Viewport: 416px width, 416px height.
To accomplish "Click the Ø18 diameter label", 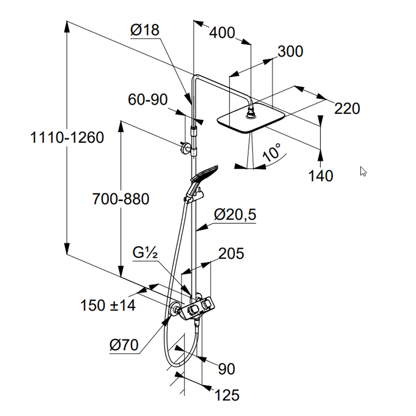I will click(x=144, y=30).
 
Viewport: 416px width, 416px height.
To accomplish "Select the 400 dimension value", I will click(x=222, y=32).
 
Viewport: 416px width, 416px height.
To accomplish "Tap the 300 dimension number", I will click(x=290, y=52).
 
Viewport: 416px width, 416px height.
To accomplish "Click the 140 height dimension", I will click(x=321, y=176).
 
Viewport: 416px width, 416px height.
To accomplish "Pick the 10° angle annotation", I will click(x=272, y=153).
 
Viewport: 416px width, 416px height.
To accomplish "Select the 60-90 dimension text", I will click(x=147, y=99).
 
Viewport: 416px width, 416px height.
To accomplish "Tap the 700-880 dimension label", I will click(x=120, y=199).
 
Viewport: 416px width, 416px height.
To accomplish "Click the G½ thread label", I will click(x=145, y=253).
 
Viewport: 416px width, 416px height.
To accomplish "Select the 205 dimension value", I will click(x=230, y=253).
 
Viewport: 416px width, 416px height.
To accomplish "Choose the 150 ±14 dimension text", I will click(x=108, y=305).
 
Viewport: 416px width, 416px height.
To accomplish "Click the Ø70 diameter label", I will click(x=124, y=345).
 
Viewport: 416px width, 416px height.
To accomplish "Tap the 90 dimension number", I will click(x=226, y=369).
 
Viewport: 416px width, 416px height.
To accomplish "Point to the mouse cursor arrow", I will click(x=363, y=171).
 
